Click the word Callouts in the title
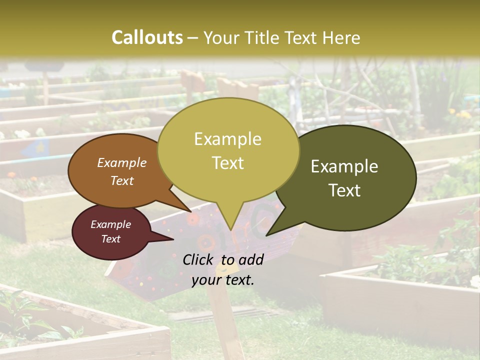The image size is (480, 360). tap(147, 37)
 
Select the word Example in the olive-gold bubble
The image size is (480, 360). tap(227, 139)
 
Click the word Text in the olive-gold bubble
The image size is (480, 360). tap(227, 163)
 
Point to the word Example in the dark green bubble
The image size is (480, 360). tap(344, 166)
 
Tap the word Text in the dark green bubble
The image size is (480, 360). tap(344, 190)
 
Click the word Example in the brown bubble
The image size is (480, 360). tap(122, 163)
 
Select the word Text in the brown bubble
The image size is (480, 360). tap(122, 180)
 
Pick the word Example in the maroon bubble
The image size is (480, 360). tap(110, 224)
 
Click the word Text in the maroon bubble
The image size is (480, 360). tap(110, 239)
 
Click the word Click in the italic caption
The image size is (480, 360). tap(199, 259)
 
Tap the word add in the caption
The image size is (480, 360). tap(251, 259)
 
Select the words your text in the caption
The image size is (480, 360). tap(223, 280)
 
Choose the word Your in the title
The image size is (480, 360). tap(222, 37)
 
